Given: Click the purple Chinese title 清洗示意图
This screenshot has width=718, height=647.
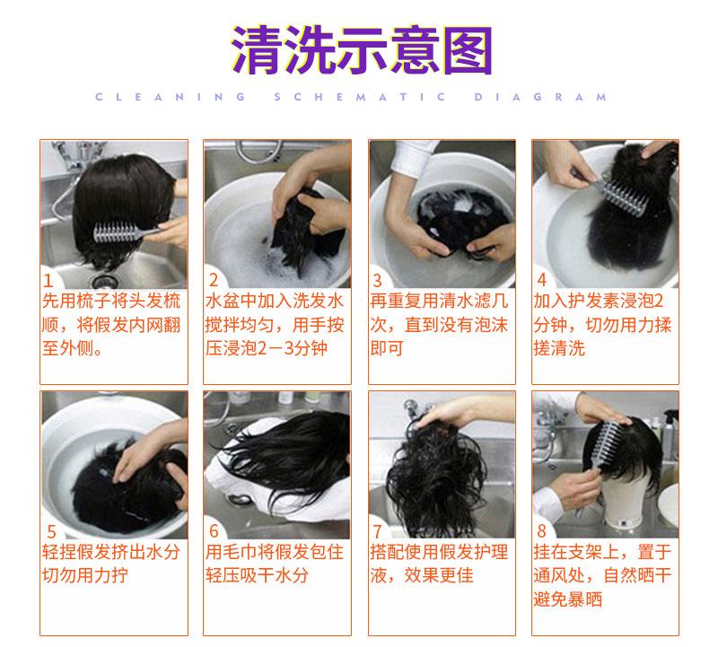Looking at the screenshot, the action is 362,50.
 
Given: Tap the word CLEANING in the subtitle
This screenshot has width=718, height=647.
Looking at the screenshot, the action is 171,97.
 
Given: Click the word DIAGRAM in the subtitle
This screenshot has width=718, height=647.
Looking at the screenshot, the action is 540,97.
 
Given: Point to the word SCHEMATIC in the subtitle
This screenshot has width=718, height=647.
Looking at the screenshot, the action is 360,97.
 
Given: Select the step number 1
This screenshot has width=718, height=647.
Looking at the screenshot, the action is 48,280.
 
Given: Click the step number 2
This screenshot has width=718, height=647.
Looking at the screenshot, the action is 214,280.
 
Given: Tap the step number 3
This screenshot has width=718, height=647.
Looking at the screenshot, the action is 377,280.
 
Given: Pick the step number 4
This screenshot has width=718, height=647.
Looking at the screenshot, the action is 542,280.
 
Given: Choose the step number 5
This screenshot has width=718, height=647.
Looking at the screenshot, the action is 51,531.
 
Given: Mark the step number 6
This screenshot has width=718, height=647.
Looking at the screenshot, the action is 214,531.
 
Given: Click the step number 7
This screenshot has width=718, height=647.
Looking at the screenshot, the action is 377,531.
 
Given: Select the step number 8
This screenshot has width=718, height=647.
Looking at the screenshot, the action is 542,530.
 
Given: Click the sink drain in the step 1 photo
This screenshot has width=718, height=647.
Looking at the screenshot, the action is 104,280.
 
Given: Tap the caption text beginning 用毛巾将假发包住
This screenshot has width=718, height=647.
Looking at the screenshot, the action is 275,564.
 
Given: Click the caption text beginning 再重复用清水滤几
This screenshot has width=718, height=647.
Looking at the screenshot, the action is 440,324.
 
